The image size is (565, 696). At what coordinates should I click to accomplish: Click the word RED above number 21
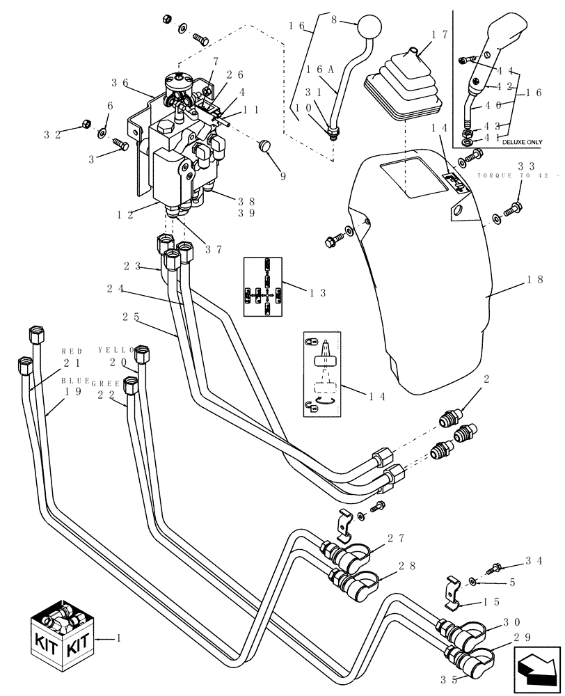tap(72, 351)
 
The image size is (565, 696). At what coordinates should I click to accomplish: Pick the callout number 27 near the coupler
tap(397, 538)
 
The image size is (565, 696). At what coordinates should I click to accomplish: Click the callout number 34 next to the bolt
tap(534, 559)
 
